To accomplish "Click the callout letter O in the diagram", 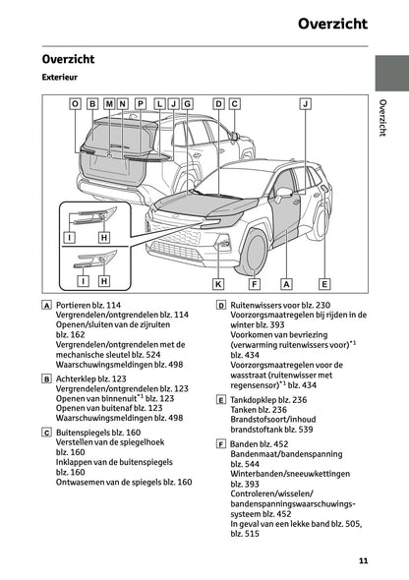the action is click(75, 102).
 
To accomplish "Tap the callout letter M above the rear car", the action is click(107, 102).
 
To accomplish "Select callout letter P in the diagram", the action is click(140, 102).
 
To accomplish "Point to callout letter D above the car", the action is click(219, 102).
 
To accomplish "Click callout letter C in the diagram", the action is click(235, 102).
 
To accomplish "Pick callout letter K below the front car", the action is click(218, 283).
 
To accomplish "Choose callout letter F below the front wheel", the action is click(254, 283).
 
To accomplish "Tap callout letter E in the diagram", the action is click(323, 283).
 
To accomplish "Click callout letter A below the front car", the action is click(287, 283).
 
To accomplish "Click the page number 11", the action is click(363, 561).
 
